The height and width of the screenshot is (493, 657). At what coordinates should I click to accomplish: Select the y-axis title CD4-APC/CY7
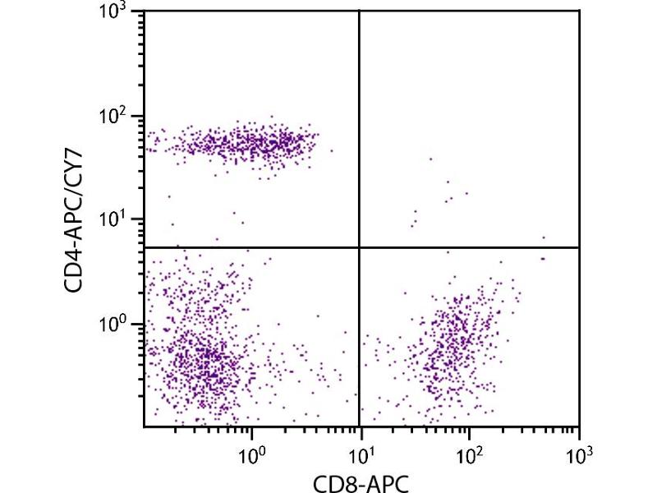80,219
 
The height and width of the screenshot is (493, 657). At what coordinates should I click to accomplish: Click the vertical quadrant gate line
360,123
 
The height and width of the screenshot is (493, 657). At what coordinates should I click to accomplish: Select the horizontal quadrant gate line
246,247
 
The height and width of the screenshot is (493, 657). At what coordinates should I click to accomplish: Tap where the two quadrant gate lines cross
360,247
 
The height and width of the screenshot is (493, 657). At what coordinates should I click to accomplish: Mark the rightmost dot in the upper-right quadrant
544,237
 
